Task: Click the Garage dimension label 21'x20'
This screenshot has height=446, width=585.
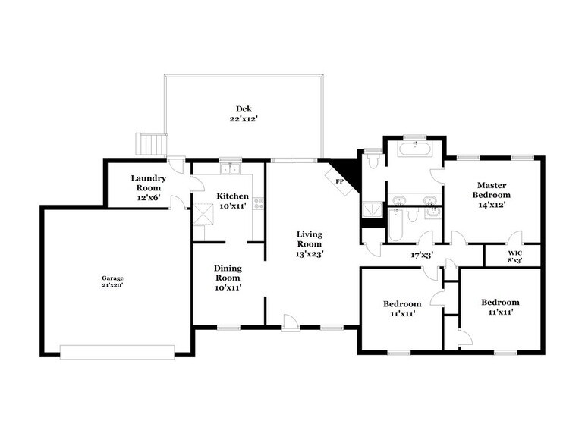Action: click(114, 287)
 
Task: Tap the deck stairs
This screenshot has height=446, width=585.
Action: click(150, 143)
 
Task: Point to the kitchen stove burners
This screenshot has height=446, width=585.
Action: click(259, 203)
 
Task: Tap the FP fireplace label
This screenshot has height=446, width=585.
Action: click(339, 181)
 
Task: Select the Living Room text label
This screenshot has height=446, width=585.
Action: click(309, 239)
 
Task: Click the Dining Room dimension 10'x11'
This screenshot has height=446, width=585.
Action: click(228, 287)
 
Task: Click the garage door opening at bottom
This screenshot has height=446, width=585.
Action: click(117, 350)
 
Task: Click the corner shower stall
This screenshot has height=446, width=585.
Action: click(373, 209)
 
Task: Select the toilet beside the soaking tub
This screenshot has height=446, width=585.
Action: click(373, 160)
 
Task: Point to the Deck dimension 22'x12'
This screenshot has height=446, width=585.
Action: click(244, 118)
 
